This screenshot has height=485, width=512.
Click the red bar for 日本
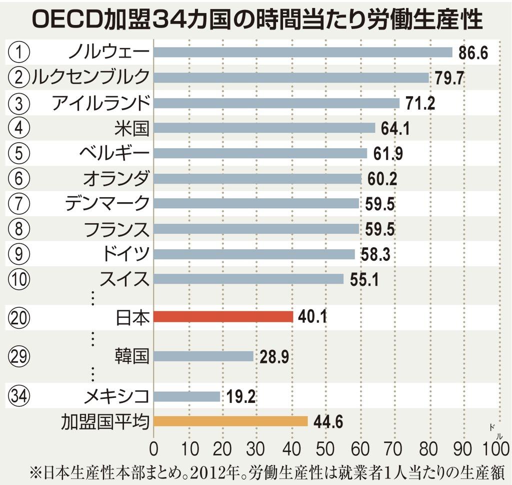coord(223,317)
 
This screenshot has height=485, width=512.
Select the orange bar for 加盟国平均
coord(230,421)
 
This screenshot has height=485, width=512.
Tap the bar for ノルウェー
coord(302,53)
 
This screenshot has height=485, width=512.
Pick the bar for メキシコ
coord(186,396)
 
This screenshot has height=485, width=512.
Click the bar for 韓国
coord(203,356)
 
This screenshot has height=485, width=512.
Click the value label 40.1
coord(312,317)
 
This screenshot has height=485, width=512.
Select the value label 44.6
coord(328,422)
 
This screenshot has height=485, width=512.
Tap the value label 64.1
coord(395,129)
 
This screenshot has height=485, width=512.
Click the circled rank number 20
coord(19,317)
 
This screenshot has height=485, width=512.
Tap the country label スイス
coord(124,279)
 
